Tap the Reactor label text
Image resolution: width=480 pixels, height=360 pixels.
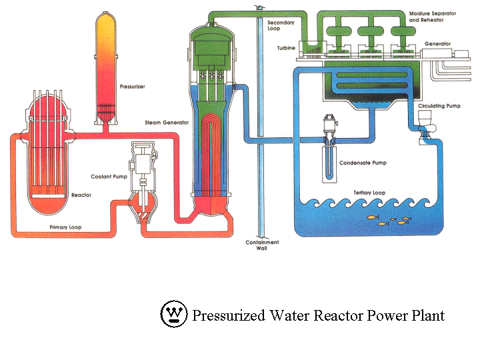pyautogui.click(x=81, y=195)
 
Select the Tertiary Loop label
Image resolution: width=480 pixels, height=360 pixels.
pyautogui.click(x=369, y=193)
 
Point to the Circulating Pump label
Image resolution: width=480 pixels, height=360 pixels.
pyautogui.click(x=438, y=106)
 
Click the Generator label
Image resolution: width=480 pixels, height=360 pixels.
pyautogui.click(x=437, y=44)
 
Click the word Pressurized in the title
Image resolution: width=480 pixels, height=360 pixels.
pyautogui.click(x=224, y=315)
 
